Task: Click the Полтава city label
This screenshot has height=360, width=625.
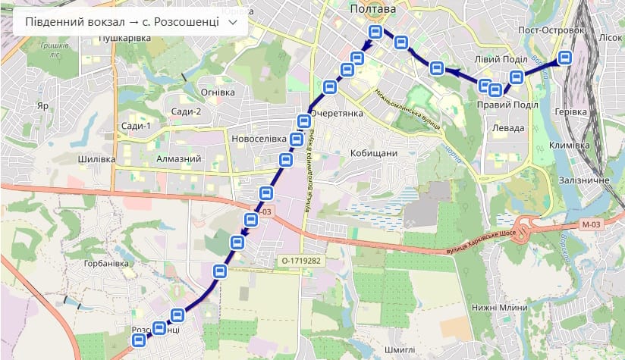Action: coord(373,8)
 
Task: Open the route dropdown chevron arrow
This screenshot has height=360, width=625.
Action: coord(233,22)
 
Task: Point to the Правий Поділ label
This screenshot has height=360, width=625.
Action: coord(507,105)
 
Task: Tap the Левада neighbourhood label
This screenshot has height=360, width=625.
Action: coord(508,128)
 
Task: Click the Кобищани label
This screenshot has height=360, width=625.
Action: coord(374,153)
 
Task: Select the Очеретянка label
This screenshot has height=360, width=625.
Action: coord(338,113)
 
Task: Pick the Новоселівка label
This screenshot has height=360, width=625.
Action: coord(259,139)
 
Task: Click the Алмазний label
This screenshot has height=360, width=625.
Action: coord(178,159)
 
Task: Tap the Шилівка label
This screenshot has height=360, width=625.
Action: coord(96,159)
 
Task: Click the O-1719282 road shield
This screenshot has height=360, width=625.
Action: coord(297,261)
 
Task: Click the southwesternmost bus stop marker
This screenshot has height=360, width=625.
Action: coord(138,341)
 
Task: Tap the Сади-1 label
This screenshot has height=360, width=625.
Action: coord(137,126)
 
